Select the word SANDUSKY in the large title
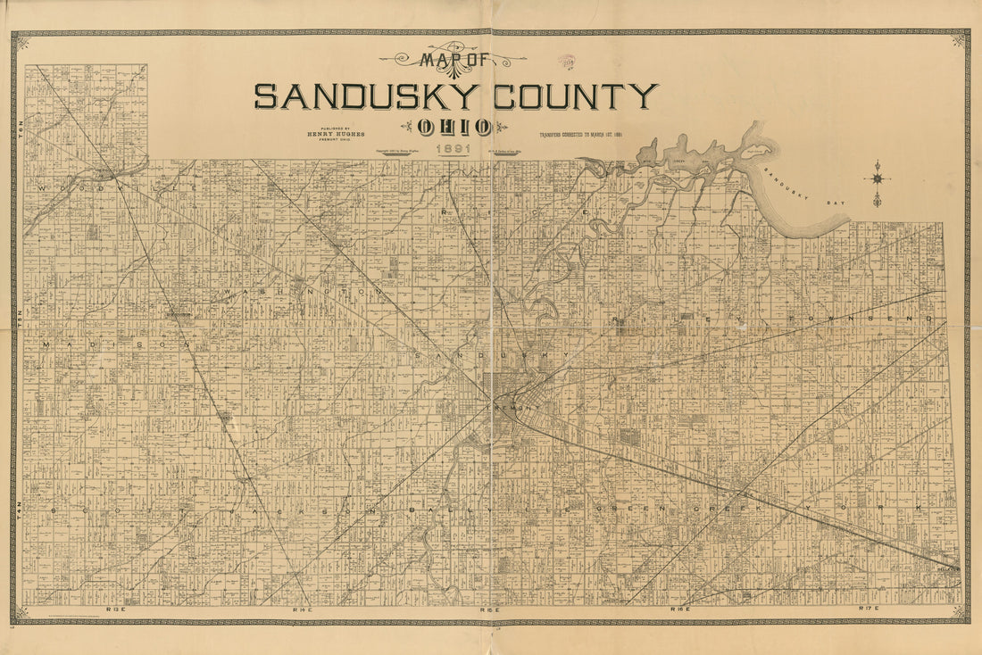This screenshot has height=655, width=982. pos(366,95)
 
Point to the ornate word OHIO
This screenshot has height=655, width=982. pos(454,127)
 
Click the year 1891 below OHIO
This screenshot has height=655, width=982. pos(454,150)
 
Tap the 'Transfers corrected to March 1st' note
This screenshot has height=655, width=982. pos(578,135)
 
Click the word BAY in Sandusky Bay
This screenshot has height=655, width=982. pos(836,203)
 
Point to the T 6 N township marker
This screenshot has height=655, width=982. pos(16,126)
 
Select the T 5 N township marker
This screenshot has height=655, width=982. pos(16,319)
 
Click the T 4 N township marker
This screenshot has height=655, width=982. pos(16,510)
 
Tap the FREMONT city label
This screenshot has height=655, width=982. pos(511,407)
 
